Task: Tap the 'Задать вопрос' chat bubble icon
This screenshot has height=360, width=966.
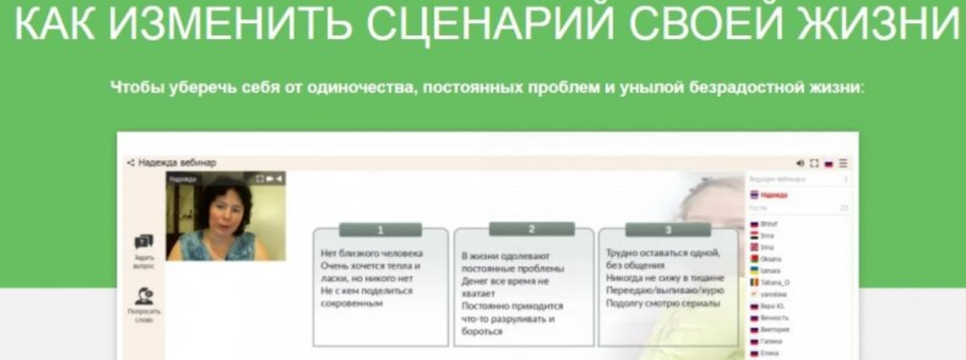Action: pos(144,242)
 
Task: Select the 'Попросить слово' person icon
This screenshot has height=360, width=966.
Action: pos(144,298)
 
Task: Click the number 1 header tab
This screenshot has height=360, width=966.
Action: pos(380,230)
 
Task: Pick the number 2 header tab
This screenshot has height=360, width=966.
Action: pos(532,229)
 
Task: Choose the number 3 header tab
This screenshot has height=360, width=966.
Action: pos(667,230)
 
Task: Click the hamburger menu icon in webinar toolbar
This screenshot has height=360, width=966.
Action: pos(844,162)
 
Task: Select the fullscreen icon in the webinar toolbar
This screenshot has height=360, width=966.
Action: pos(814,162)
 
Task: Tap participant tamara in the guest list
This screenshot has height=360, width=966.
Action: pos(772,270)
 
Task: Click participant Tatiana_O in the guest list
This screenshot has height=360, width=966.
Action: pos(775,282)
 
